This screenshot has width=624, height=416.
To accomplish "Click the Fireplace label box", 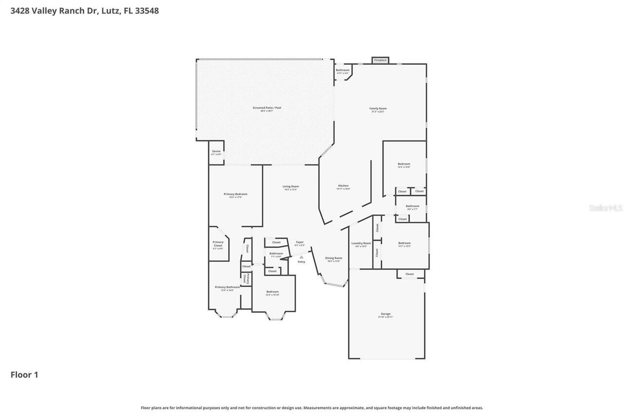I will pyautogui.click(x=380, y=60).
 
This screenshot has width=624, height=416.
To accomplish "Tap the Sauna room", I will pyautogui.click(x=216, y=152).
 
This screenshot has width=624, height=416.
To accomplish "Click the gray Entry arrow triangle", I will pyautogui.click(x=301, y=257).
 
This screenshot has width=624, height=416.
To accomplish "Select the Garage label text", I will pyautogui.click(x=385, y=314).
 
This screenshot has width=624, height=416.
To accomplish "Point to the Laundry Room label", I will pyautogui.click(x=361, y=243).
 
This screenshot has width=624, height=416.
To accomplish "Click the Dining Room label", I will pyautogui.click(x=333, y=258).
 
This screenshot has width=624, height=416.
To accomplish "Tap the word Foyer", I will pyautogui.click(x=299, y=242).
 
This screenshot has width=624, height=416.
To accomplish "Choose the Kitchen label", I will pyautogui.click(x=343, y=186).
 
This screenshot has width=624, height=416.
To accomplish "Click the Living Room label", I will pyautogui.click(x=291, y=186).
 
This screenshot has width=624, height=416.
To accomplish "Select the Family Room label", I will pyautogui.click(x=378, y=108).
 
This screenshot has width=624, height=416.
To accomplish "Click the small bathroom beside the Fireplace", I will pyautogui.click(x=343, y=71).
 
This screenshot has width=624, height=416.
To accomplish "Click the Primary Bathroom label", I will pyautogui.click(x=227, y=287).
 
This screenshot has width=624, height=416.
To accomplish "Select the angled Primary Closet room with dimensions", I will pyautogui.click(x=218, y=244).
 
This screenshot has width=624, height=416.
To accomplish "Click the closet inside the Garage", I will pyautogui.click(x=409, y=274).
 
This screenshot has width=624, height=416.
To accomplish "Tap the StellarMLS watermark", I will pyautogui.click(x=605, y=208).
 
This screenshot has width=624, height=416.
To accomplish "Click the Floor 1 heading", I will pyautogui.click(x=24, y=375).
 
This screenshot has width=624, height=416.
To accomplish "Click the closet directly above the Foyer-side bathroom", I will pyautogui.click(x=276, y=242).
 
